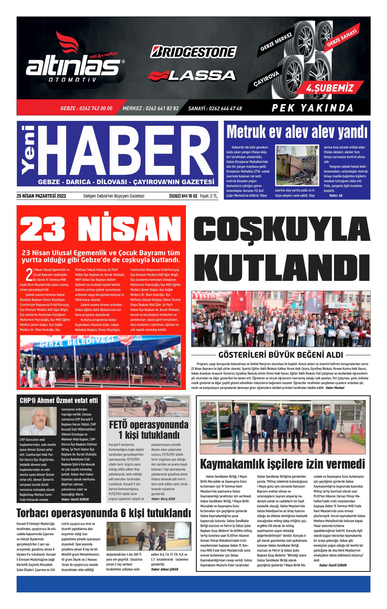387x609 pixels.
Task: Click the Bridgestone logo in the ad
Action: pyautogui.click(x=193, y=52)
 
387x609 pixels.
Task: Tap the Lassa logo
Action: pyautogui.click(x=192, y=75)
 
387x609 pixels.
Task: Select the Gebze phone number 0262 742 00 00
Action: pyautogui.click(x=86, y=109)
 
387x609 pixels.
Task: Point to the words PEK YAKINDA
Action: pyautogui.click(x=312, y=108)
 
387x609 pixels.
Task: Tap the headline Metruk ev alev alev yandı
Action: pyautogui.click(x=297, y=132)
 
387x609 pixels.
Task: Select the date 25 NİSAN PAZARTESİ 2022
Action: pyautogui.click(x=41, y=196)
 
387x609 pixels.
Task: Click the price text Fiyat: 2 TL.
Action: pyautogui.click(x=209, y=196)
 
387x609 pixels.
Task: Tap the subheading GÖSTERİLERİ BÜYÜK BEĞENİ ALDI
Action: pyautogui.click(x=281, y=355)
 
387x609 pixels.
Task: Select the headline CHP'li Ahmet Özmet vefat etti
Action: pyautogui.click(x=59, y=400)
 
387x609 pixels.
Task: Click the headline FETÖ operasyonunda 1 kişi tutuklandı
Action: pyautogui.click(x=149, y=430)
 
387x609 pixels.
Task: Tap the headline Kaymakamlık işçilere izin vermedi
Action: pyautogui.click(x=283, y=464)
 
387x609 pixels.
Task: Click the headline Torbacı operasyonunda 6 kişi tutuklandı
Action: pyautogui.click(x=104, y=513)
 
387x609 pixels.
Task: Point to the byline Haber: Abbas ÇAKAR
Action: pyautogui.click(x=165, y=569)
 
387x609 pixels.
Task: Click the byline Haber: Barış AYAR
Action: pyautogui.click(x=163, y=499)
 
